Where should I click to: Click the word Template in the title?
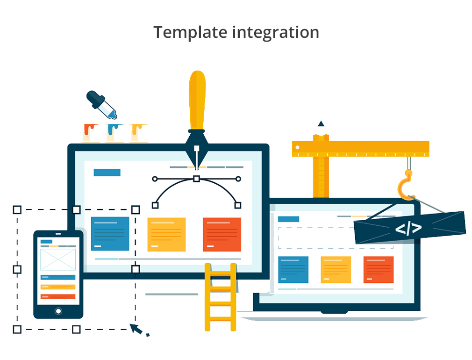tap(190, 32)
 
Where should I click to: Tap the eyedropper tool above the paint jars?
tap(101, 105)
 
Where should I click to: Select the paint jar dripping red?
tap(91, 133)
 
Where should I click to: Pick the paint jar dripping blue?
tap(114, 133)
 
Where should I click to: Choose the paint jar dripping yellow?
tap(139, 133)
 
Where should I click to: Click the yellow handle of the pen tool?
tap(197, 100)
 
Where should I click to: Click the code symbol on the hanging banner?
tap(408, 228)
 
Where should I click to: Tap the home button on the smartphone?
tap(58, 311)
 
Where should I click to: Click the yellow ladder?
tap(221, 297)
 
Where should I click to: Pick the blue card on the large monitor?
tap(110, 234)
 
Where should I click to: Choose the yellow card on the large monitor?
tap(166, 234)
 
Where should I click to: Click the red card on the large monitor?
tap(222, 234)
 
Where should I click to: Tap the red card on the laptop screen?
tap(379, 270)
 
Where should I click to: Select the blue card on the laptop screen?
tap(293, 270)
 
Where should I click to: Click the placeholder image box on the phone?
tap(58, 259)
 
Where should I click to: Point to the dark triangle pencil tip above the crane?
tap(321, 123)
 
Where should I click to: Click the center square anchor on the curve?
tap(197, 179)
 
